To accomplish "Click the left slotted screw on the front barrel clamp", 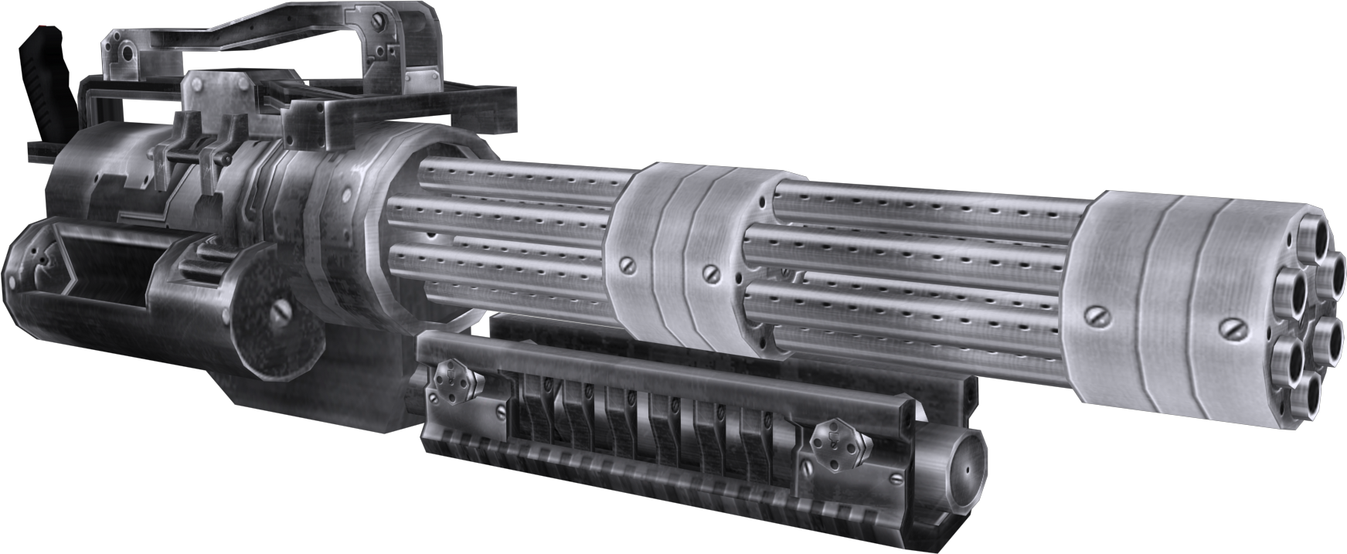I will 1097,315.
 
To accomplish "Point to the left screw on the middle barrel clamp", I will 628,264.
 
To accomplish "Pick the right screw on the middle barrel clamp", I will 709,273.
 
